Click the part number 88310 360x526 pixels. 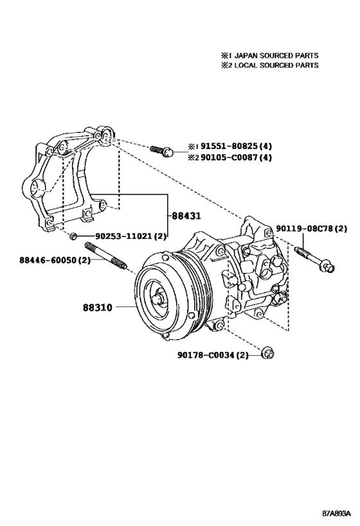(x=98, y=308)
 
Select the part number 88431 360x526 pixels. (x=186, y=216)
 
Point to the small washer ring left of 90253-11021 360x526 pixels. (x=76, y=237)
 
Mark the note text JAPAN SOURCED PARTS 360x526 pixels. (x=274, y=56)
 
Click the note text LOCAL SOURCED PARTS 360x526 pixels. (x=274, y=66)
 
